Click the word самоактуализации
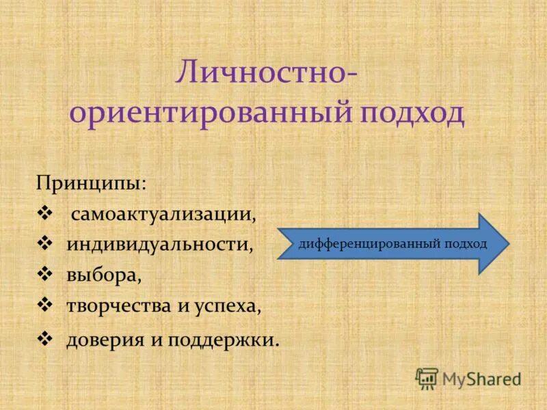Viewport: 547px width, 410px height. click(x=163, y=215)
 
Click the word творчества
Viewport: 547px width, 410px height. click(x=119, y=306)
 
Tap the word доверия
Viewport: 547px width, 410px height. click(x=102, y=340)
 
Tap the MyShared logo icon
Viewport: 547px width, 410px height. click(x=427, y=378)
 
